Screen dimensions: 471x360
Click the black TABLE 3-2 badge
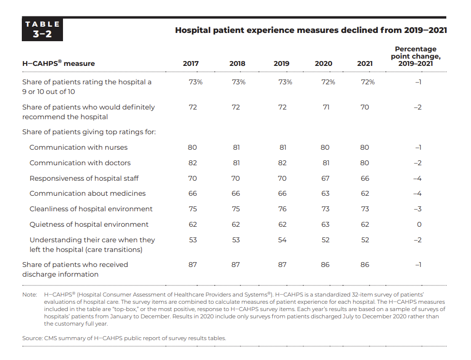[42, 29]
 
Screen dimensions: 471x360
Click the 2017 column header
[191, 63]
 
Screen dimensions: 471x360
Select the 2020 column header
[324, 63]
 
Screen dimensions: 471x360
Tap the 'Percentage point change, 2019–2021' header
[416, 56]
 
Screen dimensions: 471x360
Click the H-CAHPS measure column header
[59, 63]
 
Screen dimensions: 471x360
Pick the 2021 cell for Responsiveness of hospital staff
[365, 178]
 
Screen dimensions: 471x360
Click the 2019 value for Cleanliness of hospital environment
[283, 209]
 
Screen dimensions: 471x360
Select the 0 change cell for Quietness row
[419, 225]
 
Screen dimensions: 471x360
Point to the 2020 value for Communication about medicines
[325, 193]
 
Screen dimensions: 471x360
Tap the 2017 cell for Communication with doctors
[192, 163]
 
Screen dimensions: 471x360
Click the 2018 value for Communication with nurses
[236, 147]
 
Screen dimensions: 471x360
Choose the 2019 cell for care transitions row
[282, 240]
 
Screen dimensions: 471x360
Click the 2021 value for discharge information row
[365, 265]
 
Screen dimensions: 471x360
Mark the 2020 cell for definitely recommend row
[326, 107]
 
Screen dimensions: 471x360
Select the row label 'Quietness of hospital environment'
[89, 225]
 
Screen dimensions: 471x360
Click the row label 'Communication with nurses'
[78, 147]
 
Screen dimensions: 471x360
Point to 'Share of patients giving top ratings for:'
[89, 132]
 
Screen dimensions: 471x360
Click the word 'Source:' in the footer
[32, 338]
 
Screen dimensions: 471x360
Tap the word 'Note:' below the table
[30, 295]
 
